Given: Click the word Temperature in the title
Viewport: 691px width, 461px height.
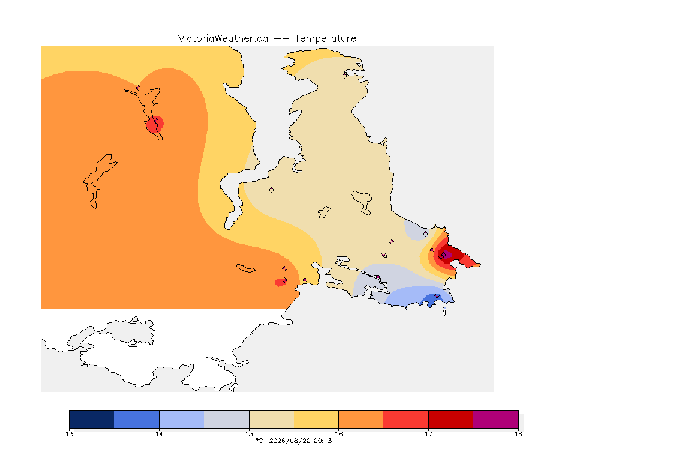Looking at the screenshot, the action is [x=325, y=39].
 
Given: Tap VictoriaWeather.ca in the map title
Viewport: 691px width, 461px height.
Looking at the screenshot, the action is [x=223, y=38].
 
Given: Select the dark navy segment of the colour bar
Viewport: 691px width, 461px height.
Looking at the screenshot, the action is [x=92, y=419].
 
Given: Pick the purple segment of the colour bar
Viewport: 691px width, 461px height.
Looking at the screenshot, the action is [x=496, y=419].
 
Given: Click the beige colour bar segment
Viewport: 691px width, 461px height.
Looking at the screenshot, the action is [x=272, y=419].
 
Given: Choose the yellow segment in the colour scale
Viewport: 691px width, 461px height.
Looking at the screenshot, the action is [x=316, y=419].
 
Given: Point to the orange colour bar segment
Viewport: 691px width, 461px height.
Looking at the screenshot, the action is [x=361, y=419].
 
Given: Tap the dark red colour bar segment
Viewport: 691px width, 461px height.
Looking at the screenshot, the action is [x=451, y=419].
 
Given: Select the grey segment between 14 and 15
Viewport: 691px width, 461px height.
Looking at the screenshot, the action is [x=227, y=419].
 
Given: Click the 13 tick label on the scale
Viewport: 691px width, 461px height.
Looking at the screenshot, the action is [x=69, y=434].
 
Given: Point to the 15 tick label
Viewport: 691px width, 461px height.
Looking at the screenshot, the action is [x=249, y=434].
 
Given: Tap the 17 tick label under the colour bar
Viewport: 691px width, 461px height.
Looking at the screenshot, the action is [x=428, y=434].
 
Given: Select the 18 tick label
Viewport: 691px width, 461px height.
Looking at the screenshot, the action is [x=518, y=434].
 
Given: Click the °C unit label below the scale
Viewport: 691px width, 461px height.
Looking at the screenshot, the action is [x=259, y=441].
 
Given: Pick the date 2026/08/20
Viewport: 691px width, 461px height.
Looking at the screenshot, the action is [x=290, y=441].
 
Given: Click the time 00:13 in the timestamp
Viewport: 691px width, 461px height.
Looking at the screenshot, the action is [x=323, y=441].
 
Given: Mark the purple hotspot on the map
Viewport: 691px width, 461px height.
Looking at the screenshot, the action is [x=446, y=254].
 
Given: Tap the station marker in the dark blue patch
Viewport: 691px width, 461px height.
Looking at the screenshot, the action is [x=437, y=295].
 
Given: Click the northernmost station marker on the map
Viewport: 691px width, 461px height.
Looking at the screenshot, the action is [x=345, y=76].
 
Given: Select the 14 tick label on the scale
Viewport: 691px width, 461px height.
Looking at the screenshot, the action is [x=159, y=434].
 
